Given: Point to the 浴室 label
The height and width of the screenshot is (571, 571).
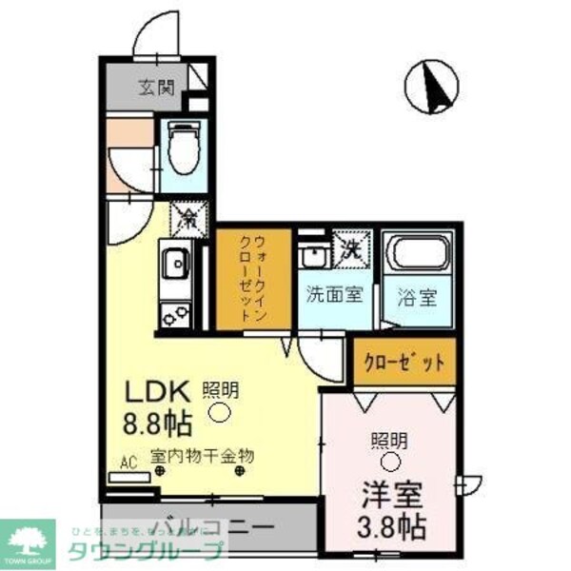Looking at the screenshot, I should click(418, 295).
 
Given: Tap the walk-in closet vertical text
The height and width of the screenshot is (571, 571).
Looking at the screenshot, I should click(250, 278).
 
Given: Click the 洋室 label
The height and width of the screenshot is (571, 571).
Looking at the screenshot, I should click(390, 495).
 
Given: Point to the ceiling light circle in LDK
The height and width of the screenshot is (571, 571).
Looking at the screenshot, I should click(219, 412).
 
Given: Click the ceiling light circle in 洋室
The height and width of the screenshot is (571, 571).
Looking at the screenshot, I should click(389, 463).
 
